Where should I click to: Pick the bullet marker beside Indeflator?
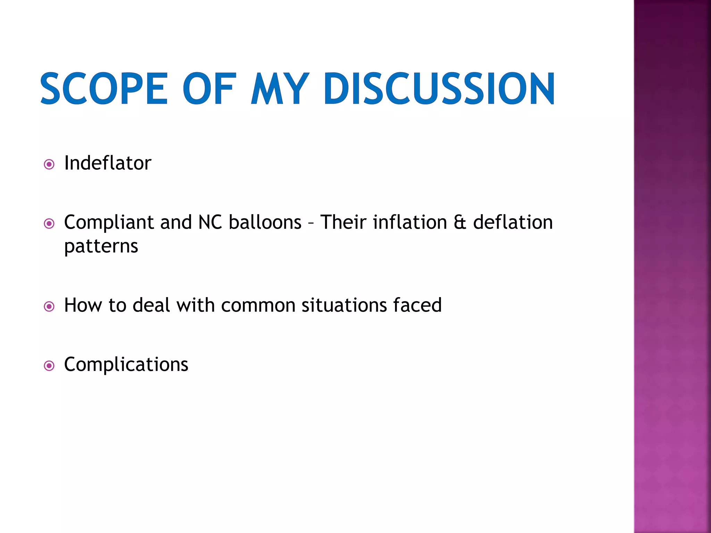click(x=49, y=164)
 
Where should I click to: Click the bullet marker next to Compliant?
click(x=49, y=223)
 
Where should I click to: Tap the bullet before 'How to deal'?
click(x=49, y=306)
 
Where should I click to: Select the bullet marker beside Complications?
click(x=49, y=365)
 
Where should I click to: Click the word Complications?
click(x=126, y=364)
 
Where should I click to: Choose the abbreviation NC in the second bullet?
click(x=210, y=222)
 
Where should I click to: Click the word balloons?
click(x=265, y=222)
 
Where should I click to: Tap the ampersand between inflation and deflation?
click(x=460, y=222)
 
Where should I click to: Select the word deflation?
click(x=513, y=222)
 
